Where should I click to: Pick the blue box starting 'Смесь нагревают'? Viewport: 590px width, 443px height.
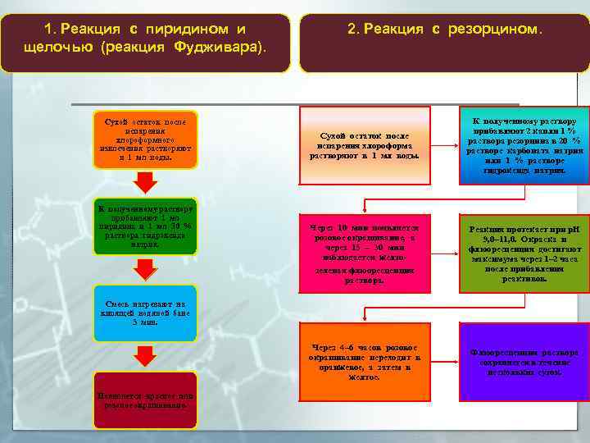(x=145, y=313)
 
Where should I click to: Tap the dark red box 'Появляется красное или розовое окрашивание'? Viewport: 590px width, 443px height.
(x=145, y=400)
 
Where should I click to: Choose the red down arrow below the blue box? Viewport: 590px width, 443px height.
(x=146, y=355)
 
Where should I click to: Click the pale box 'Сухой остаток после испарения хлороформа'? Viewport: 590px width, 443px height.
(x=364, y=144)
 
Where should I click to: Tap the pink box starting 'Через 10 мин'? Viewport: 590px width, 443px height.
(x=364, y=253)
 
